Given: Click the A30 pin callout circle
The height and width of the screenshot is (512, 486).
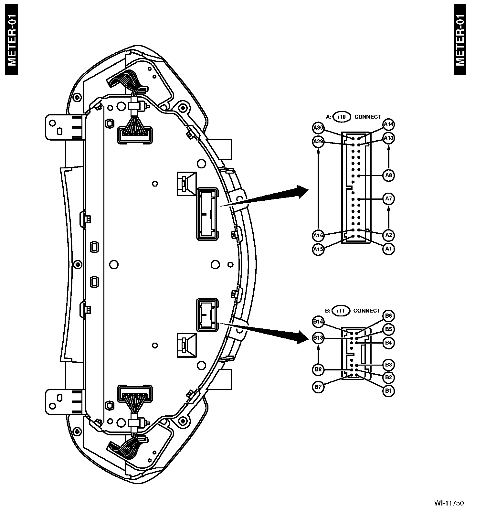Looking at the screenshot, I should tap(318, 128).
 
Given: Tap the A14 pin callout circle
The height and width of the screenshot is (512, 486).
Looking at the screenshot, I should tap(388, 124).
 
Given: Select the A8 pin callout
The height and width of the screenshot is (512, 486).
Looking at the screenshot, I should tap(388, 176).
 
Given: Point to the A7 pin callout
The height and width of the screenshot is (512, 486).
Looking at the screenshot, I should tap(388, 198).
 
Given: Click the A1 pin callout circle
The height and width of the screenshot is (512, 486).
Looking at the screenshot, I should tap(388, 249).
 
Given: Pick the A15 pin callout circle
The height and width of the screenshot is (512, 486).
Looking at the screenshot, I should tap(318, 250).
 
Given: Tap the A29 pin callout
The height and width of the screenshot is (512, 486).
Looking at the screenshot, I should tap(318, 142).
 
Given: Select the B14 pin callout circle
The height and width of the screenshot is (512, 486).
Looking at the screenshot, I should tap(318, 322).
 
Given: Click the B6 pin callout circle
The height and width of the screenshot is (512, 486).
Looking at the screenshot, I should tap(388, 316).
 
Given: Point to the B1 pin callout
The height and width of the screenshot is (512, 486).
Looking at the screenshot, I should tap(388, 391).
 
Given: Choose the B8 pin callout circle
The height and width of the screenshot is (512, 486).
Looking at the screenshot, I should tap(318, 370).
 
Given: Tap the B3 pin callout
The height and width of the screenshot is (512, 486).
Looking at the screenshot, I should tap(388, 365).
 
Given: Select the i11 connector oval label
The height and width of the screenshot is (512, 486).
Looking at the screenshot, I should tap(341, 311).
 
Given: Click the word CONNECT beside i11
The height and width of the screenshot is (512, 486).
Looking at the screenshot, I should tap(367, 311).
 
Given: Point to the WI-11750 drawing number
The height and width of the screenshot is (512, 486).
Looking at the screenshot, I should tap(449, 503).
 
